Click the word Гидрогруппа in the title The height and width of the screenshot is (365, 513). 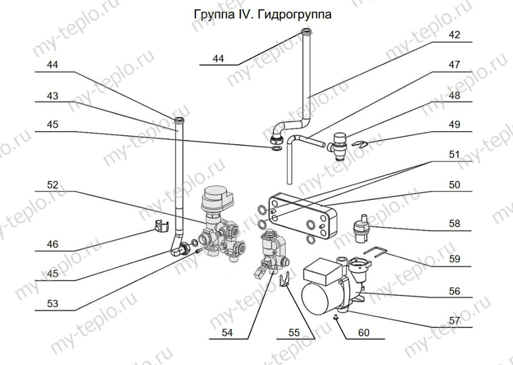pyautogui.click(x=298, y=14)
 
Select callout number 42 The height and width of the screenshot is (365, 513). pyautogui.click(x=455, y=35)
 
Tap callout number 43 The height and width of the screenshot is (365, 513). pyautogui.click(x=52, y=95)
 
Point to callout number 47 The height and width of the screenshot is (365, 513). pyautogui.click(x=455, y=65)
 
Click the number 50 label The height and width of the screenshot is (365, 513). pyautogui.click(x=455, y=185)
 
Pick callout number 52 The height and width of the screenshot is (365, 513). pyautogui.click(x=52, y=185)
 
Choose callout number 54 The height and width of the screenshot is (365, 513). pyautogui.click(x=227, y=333)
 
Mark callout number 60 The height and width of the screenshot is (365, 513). pyautogui.click(x=363, y=333)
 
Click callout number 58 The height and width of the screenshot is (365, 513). pyautogui.click(x=455, y=224)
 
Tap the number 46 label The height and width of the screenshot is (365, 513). pyautogui.click(x=52, y=244)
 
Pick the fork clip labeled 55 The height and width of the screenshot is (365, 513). pyautogui.click(x=284, y=280)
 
